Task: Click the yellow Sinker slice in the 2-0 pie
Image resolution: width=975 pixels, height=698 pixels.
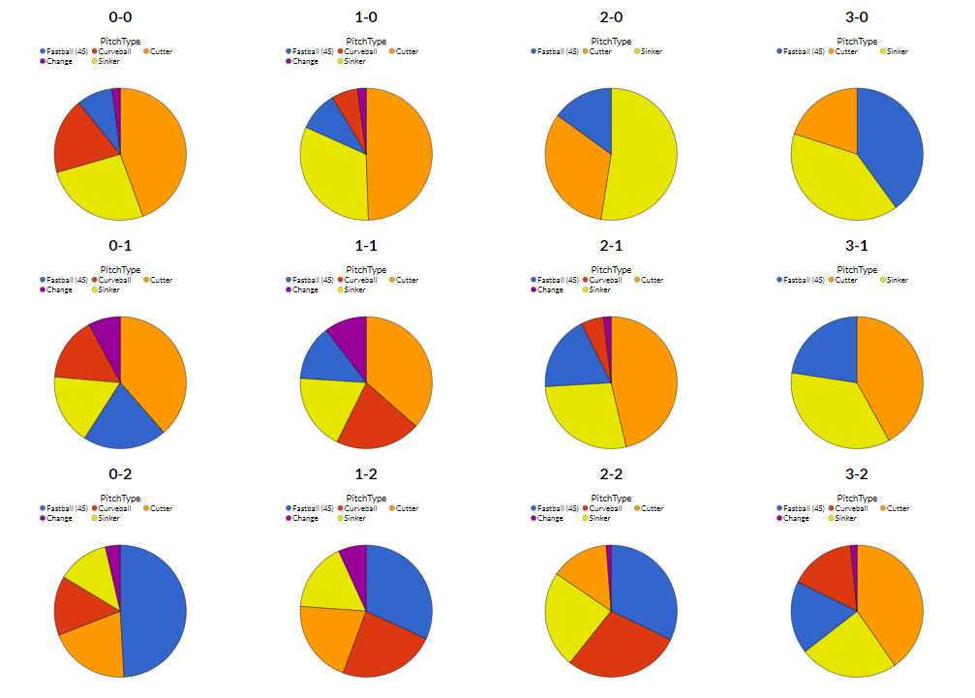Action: [644, 160]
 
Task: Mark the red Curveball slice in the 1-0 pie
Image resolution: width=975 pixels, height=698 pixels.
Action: [348, 106]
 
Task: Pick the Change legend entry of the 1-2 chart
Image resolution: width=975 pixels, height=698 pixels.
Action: [305, 518]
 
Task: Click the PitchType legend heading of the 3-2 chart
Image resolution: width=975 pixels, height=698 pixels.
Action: [857, 499]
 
